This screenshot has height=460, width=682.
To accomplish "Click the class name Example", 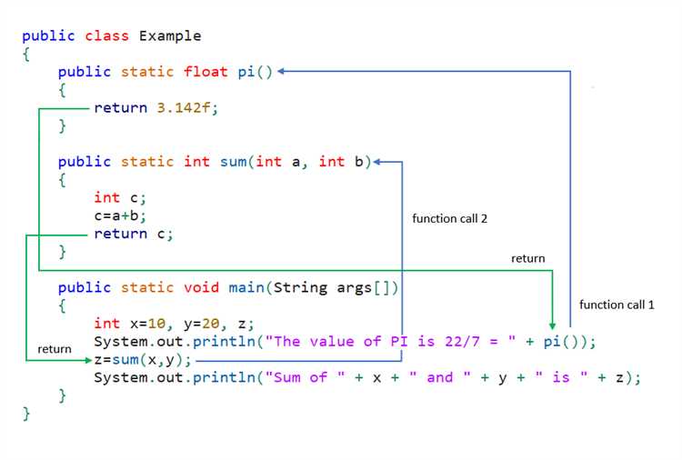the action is click(x=170, y=36).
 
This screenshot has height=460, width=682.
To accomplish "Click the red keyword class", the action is click(x=106, y=35).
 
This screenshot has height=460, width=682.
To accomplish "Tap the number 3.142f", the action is click(x=184, y=108).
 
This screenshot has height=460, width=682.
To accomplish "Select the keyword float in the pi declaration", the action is click(x=206, y=72).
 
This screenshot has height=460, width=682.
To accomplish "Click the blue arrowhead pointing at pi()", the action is click(x=281, y=71).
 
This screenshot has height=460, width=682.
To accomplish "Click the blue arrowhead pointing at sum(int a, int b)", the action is click(x=376, y=162).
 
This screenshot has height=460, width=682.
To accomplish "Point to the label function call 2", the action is click(x=450, y=218).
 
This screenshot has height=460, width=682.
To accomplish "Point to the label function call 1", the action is click(x=617, y=305).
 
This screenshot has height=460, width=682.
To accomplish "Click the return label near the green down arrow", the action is click(x=527, y=259).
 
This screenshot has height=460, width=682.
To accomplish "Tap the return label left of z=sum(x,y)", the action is click(x=55, y=349).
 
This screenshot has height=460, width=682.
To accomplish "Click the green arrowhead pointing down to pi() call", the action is click(x=552, y=325).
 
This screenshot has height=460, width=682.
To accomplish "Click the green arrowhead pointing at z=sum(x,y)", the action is click(x=88, y=360).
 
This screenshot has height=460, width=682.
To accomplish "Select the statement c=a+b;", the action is click(x=120, y=215).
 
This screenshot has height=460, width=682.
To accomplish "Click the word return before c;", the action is click(x=120, y=234).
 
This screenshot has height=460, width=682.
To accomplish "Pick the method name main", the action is click(x=246, y=288).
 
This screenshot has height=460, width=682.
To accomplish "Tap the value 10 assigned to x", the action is click(x=156, y=324).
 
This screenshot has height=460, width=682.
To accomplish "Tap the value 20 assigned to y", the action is click(x=211, y=324).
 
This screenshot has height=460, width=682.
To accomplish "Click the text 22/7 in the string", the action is click(x=462, y=342).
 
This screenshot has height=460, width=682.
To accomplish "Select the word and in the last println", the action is click(x=440, y=377).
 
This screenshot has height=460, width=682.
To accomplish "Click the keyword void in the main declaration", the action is click(x=201, y=288).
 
